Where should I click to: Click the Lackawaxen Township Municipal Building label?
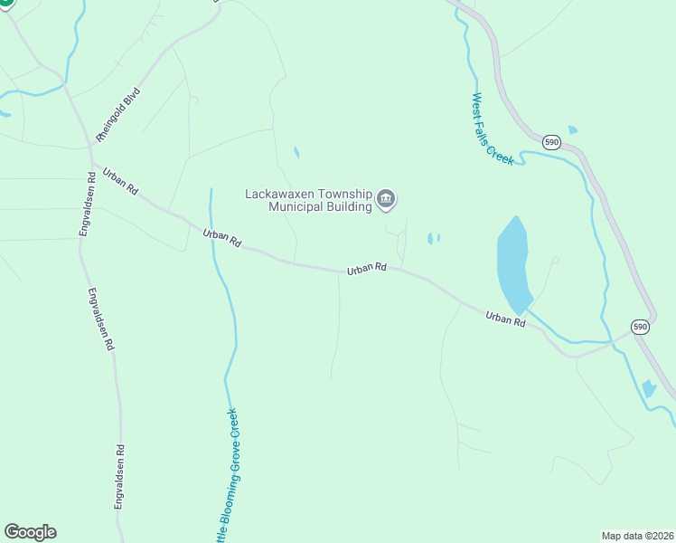pyautogui.click(x=309, y=200)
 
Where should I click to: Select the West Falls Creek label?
pyautogui.click(x=492, y=129)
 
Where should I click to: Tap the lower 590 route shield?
pyautogui.click(x=640, y=326)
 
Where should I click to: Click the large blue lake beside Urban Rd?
pyautogui.click(x=513, y=264)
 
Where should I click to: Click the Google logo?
pyautogui.click(x=30, y=532)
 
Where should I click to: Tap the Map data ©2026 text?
pyautogui.click(x=637, y=535)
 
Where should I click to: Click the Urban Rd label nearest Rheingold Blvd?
pyautogui.click(x=120, y=182)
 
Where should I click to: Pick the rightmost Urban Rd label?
pyautogui.click(x=505, y=319)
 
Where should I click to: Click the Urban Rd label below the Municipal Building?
pyautogui.click(x=367, y=269)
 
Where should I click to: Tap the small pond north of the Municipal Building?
pyautogui.click(x=296, y=152)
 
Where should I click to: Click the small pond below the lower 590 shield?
pyautogui.click(x=648, y=389)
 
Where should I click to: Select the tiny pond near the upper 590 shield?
pyautogui.click(x=572, y=130)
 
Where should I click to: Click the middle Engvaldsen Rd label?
pyautogui.click(x=100, y=319)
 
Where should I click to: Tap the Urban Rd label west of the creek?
pyautogui.click(x=222, y=239)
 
